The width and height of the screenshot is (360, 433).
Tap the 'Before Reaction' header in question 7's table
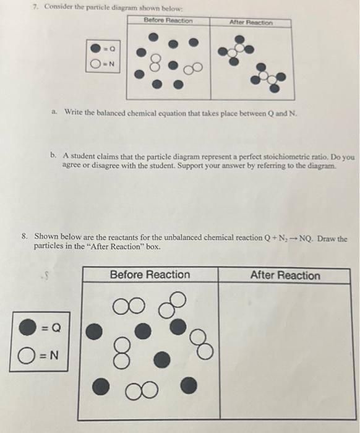point(168,20)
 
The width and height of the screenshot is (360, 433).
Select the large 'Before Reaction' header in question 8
point(150,275)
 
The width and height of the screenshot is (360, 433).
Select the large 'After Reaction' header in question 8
point(285,275)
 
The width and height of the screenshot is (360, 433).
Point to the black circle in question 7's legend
point(96,48)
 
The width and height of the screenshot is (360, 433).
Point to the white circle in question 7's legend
point(96,62)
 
